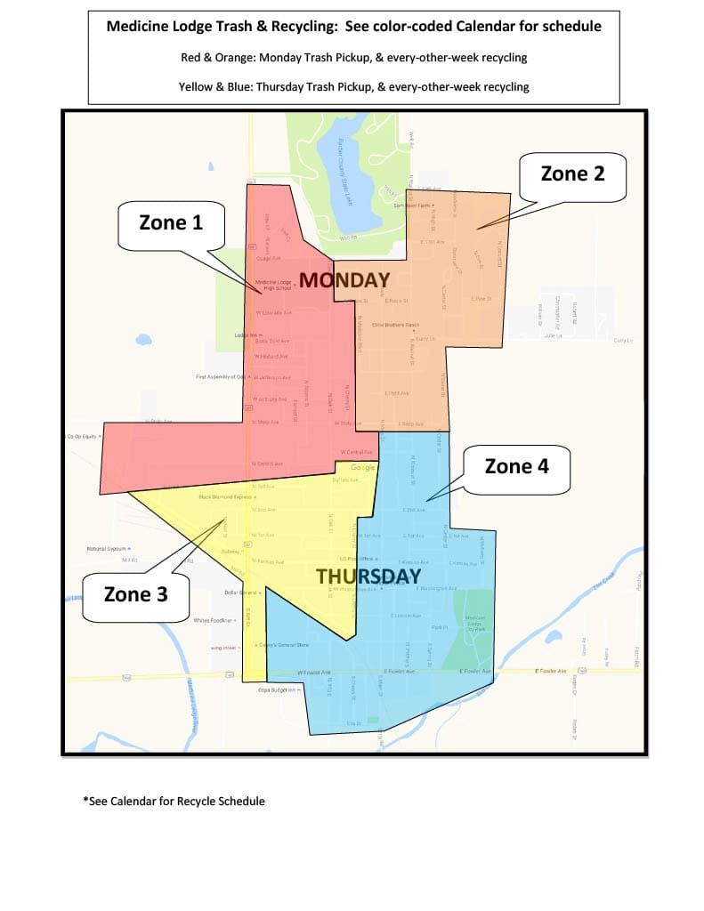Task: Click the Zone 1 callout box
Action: pyautogui.click(x=171, y=222)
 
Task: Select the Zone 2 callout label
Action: pyautogui.click(x=572, y=173)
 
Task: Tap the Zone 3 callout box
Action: pyautogui.click(x=135, y=594)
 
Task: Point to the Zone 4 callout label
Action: pyautogui.click(x=516, y=465)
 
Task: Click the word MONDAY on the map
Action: pyautogui.click(x=344, y=280)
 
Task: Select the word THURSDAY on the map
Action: pyautogui.click(x=368, y=576)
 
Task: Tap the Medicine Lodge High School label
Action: pyautogui.click(x=274, y=286)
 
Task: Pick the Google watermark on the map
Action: pyautogui.click(x=363, y=468)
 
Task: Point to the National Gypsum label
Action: pyautogui.click(x=108, y=549)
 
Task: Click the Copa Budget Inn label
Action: pyautogui.click(x=276, y=689)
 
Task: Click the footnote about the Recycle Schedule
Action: pyautogui.click(x=174, y=801)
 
